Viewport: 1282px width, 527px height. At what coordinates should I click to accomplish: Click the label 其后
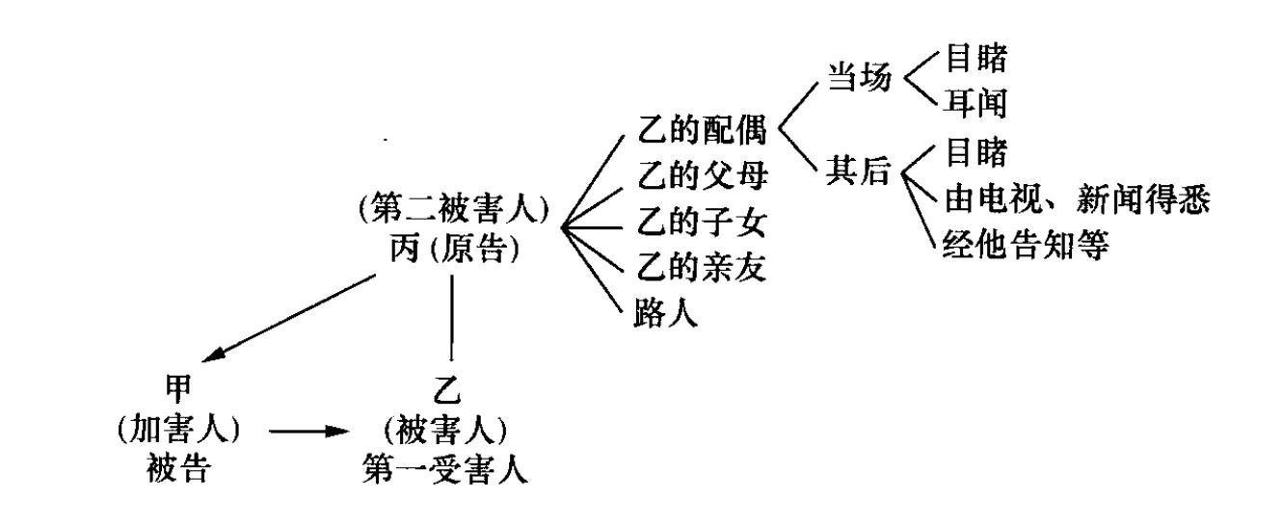853,175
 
